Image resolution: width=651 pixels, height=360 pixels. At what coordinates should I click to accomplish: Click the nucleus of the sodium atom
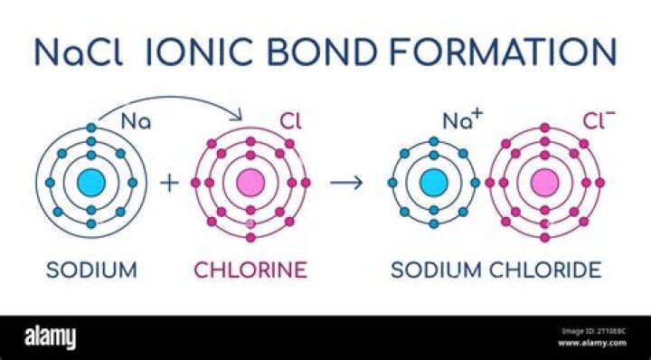click(x=91, y=182)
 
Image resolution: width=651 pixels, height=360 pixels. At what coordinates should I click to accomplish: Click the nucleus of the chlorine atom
click(x=250, y=182)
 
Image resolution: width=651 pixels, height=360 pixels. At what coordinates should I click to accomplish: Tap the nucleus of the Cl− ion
click(x=544, y=182)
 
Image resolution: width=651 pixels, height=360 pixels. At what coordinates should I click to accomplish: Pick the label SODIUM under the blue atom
click(x=82, y=269)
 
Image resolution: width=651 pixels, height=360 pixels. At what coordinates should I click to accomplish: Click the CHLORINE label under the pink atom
click(x=250, y=269)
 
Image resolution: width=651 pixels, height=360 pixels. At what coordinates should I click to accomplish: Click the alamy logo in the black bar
click(x=49, y=336)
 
